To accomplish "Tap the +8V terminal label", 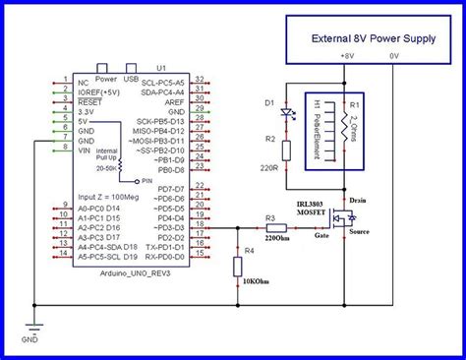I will coord(347,56).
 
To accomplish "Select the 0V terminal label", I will coord(394,56).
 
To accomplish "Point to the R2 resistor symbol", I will coord(286,150).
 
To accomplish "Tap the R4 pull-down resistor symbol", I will coord(238,267).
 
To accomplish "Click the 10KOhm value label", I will coord(259,285).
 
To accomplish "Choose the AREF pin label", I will coord(172,101).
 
